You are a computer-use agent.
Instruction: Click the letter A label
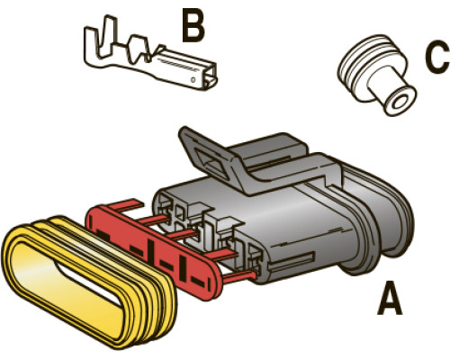tap(390, 298)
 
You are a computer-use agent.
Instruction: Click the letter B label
tap(193, 26)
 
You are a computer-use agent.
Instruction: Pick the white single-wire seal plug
tap(376, 75)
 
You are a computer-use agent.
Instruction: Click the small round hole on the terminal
tap(193, 80)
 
